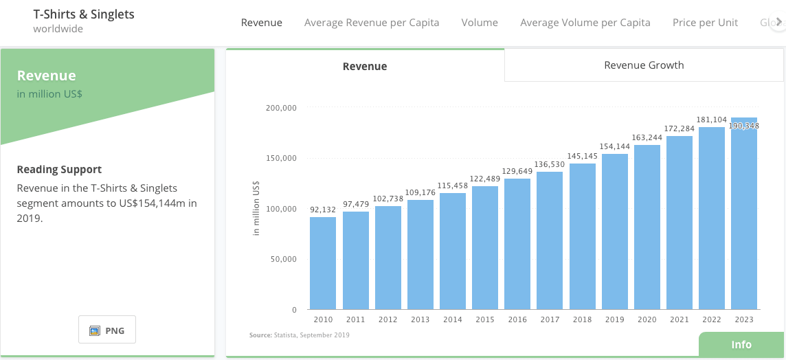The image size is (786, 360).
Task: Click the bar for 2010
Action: click(x=323, y=263)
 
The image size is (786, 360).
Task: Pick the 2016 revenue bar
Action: click(x=517, y=244)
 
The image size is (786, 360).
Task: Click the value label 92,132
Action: click(x=323, y=210)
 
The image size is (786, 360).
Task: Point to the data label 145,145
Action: click(x=583, y=157)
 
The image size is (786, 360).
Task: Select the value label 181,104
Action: click(x=712, y=120)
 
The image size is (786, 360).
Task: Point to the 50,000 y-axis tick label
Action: click(x=282, y=259)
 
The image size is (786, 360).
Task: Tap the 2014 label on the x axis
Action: click(x=452, y=319)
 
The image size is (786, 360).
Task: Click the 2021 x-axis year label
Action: click(x=679, y=319)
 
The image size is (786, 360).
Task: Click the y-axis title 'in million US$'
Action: click(x=256, y=208)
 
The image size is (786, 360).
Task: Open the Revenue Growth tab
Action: click(x=644, y=65)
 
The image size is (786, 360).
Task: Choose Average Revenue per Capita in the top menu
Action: click(x=372, y=23)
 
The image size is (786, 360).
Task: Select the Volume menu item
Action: click(x=480, y=23)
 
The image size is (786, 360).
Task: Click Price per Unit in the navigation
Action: click(x=705, y=23)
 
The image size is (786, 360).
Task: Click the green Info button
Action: click(x=741, y=345)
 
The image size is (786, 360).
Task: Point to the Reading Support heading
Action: click(x=59, y=170)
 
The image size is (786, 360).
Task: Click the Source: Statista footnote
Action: click(x=299, y=335)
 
